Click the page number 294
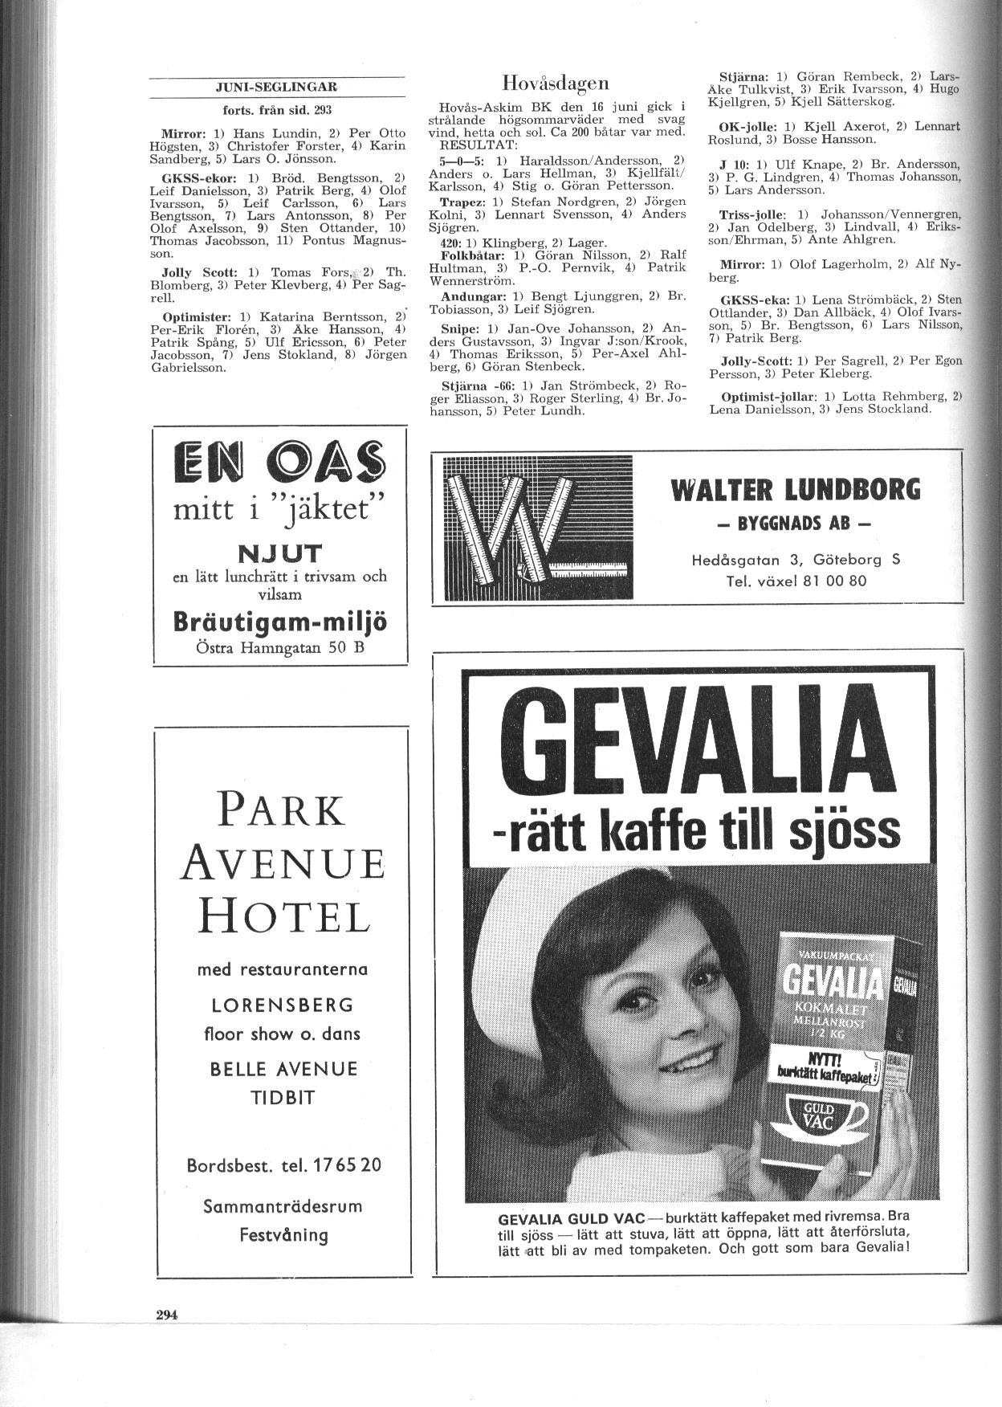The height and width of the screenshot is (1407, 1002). (x=166, y=1315)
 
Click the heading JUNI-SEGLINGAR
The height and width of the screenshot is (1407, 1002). (x=277, y=88)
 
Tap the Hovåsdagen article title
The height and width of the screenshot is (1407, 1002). (x=556, y=83)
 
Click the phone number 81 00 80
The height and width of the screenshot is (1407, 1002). (x=835, y=580)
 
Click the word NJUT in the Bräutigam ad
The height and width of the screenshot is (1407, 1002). (x=279, y=553)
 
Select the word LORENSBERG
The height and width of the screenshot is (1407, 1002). (x=282, y=1005)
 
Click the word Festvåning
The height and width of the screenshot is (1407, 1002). (x=283, y=1234)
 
